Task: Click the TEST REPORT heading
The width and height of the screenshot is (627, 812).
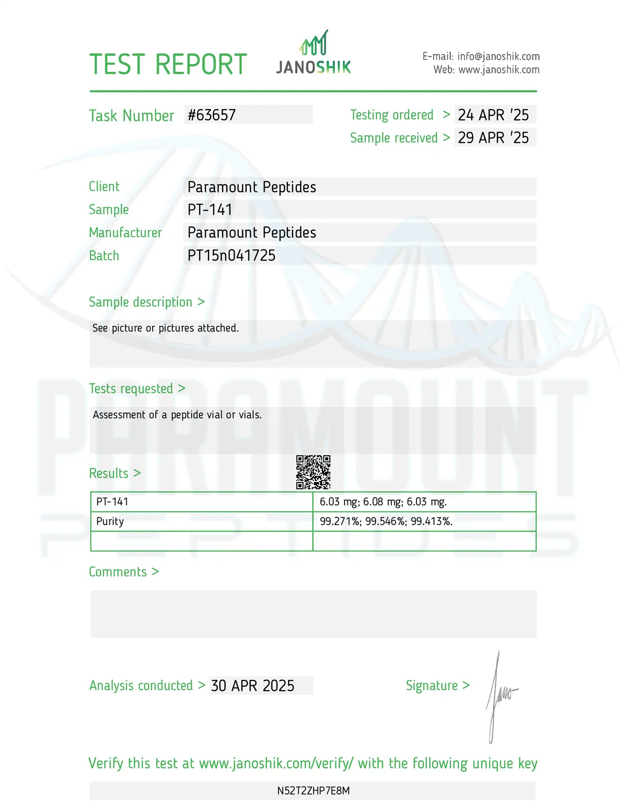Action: [x=168, y=64]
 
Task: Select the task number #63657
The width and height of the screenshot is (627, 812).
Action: [x=212, y=115]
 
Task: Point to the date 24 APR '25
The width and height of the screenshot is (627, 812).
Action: [x=493, y=115]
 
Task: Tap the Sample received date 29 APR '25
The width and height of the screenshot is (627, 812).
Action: [x=493, y=138]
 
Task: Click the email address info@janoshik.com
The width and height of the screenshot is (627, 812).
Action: [x=498, y=56]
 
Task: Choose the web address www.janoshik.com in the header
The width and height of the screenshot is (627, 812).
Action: [x=499, y=70]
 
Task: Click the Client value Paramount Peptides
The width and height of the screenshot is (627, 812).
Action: [x=252, y=187]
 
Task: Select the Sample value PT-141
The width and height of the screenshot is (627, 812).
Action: [x=210, y=209]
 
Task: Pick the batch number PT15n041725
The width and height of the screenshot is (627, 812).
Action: [x=232, y=255]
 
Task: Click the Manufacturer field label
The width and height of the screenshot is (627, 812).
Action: [x=125, y=232]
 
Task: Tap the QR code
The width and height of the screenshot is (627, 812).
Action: [x=313, y=472]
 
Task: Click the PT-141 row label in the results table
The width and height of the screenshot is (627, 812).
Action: [x=112, y=502]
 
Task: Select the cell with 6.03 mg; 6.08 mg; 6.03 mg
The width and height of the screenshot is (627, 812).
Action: [x=383, y=502]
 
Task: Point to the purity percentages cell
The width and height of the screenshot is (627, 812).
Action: [x=386, y=521]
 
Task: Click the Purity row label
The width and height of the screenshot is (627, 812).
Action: [x=110, y=521]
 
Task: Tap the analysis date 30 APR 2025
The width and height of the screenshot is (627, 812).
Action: [x=252, y=686]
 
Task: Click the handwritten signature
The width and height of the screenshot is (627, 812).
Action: [x=500, y=696]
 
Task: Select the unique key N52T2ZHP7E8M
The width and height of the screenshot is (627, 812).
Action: [x=313, y=791]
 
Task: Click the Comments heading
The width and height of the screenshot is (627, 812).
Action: [x=124, y=572]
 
